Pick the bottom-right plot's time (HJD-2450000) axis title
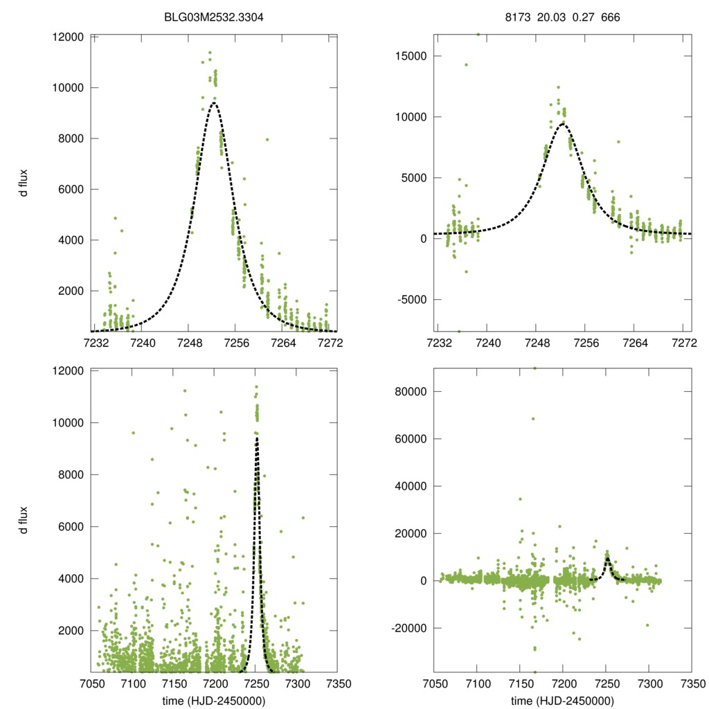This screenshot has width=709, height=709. pyautogui.click(x=562, y=701)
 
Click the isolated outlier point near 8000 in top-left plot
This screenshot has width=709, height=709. pyautogui.click(x=267, y=140)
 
